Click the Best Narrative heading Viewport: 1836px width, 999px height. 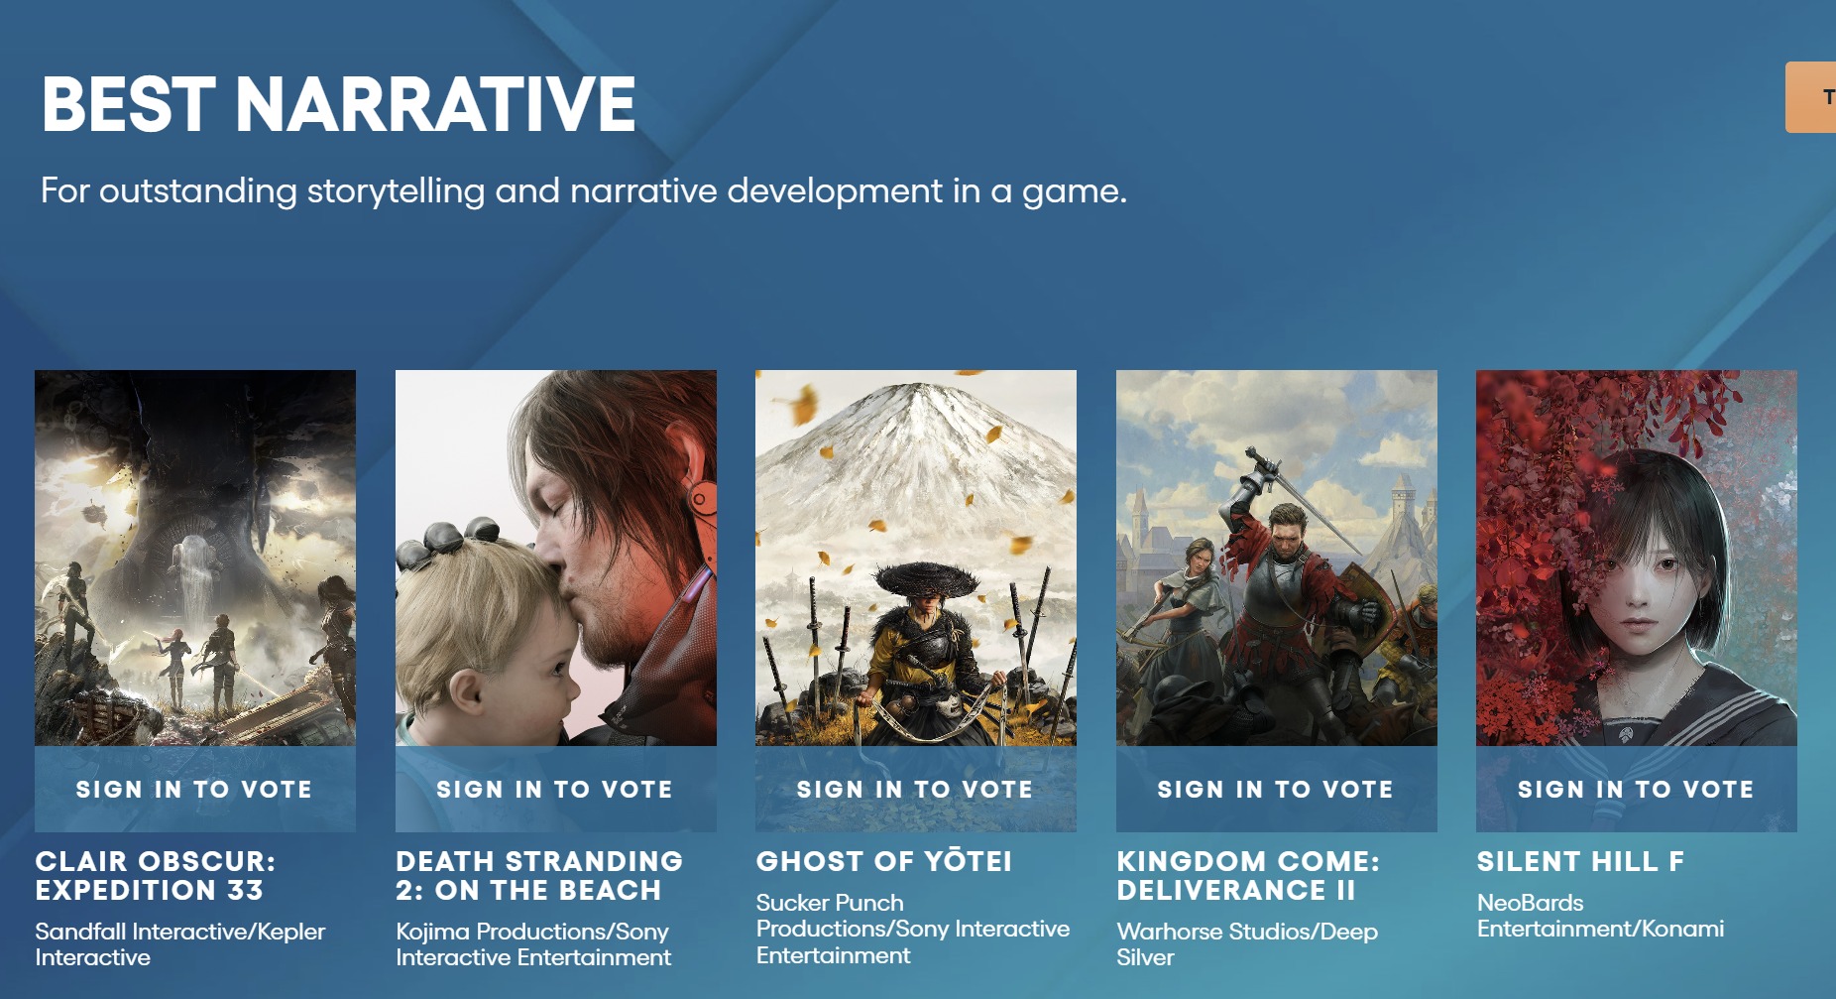point(338,104)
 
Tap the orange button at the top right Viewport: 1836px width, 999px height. point(1811,97)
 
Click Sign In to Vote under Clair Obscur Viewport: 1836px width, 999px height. point(194,790)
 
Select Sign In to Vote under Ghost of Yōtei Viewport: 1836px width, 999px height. point(915,790)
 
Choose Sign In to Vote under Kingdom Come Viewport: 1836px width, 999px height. point(1276,790)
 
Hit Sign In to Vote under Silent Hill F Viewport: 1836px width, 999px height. point(1636,790)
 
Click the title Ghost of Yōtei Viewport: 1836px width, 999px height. point(884,861)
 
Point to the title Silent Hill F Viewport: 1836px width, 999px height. point(1580,861)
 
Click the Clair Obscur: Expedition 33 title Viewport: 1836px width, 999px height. point(156,876)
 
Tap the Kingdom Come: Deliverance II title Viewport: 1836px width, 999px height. point(1248,876)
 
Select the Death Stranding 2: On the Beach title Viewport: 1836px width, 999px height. point(539,876)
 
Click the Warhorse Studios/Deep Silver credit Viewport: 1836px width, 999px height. point(1247,944)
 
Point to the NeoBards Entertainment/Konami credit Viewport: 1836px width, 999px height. point(1600,916)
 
